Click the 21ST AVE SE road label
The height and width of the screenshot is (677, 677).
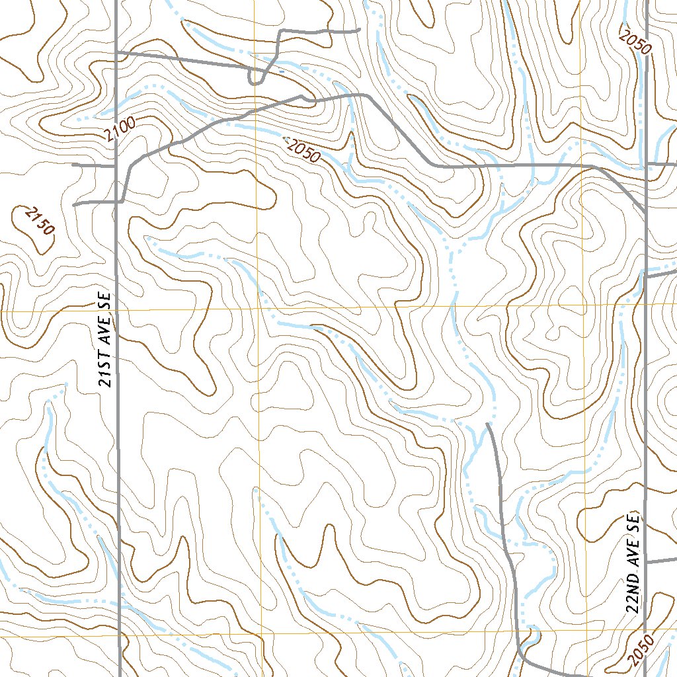coord(104,340)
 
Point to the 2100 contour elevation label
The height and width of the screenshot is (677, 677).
coord(120,126)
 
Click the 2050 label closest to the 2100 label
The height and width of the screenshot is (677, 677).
coord(303,150)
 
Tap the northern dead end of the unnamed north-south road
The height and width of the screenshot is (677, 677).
coord(487,423)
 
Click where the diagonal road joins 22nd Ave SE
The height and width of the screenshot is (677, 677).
coord(645,210)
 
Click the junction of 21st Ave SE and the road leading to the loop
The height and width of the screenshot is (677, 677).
coord(116,52)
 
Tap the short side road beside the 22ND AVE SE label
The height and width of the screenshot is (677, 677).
coord(661,561)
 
